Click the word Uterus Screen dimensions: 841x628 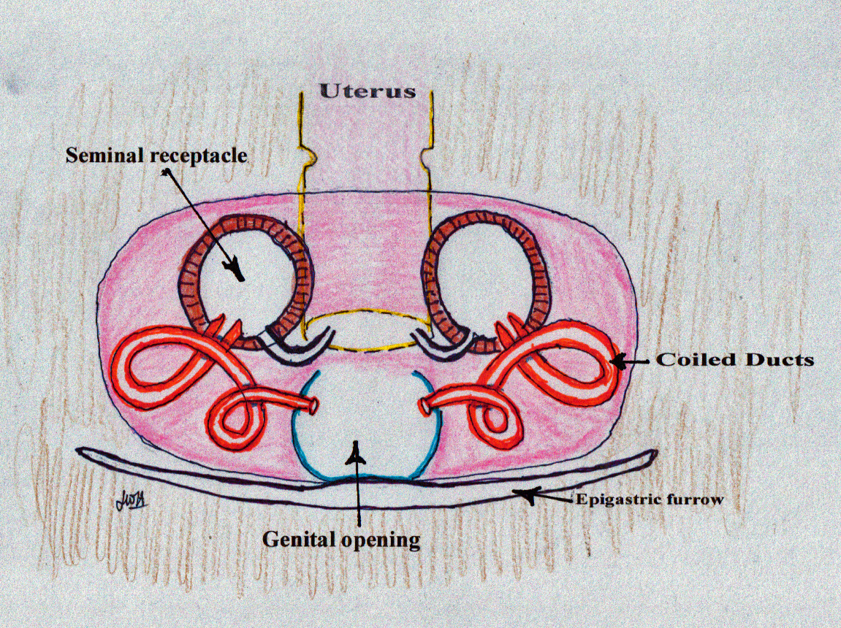point(368,91)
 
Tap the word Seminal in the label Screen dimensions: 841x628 point(106,155)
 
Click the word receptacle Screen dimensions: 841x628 point(199,156)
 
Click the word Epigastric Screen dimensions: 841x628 point(618,500)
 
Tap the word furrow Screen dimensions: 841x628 point(695,500)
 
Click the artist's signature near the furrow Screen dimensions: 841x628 point(132,502)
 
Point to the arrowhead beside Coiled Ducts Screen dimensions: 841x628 point(620,362)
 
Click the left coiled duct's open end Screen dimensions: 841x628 point(313,405)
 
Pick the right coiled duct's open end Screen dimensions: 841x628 point(425,406)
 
